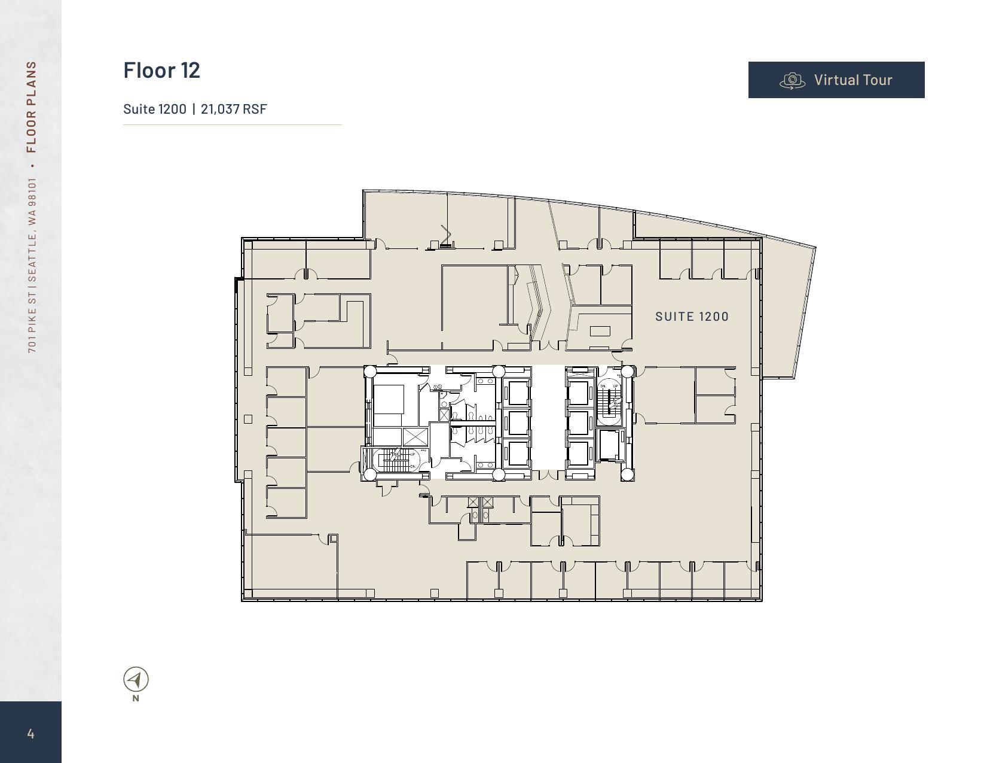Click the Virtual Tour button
click(836, 80)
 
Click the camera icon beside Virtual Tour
click(793, 80)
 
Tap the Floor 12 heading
click(161, 70)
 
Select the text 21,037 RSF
click(234, 109)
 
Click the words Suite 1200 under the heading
click(154, 109)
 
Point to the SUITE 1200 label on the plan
click(692, 317)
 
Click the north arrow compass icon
click(136, 680)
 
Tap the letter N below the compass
click(136, 698)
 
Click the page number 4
click(30, 734)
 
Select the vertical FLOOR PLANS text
click(32, 107)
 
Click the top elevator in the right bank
click(578, 393)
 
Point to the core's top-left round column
click(370, 372)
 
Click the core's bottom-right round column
click(627, 475)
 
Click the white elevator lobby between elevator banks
click(548, 419)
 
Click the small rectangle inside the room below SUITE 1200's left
click(600, 331)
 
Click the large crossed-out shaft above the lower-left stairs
click(415, 437)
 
